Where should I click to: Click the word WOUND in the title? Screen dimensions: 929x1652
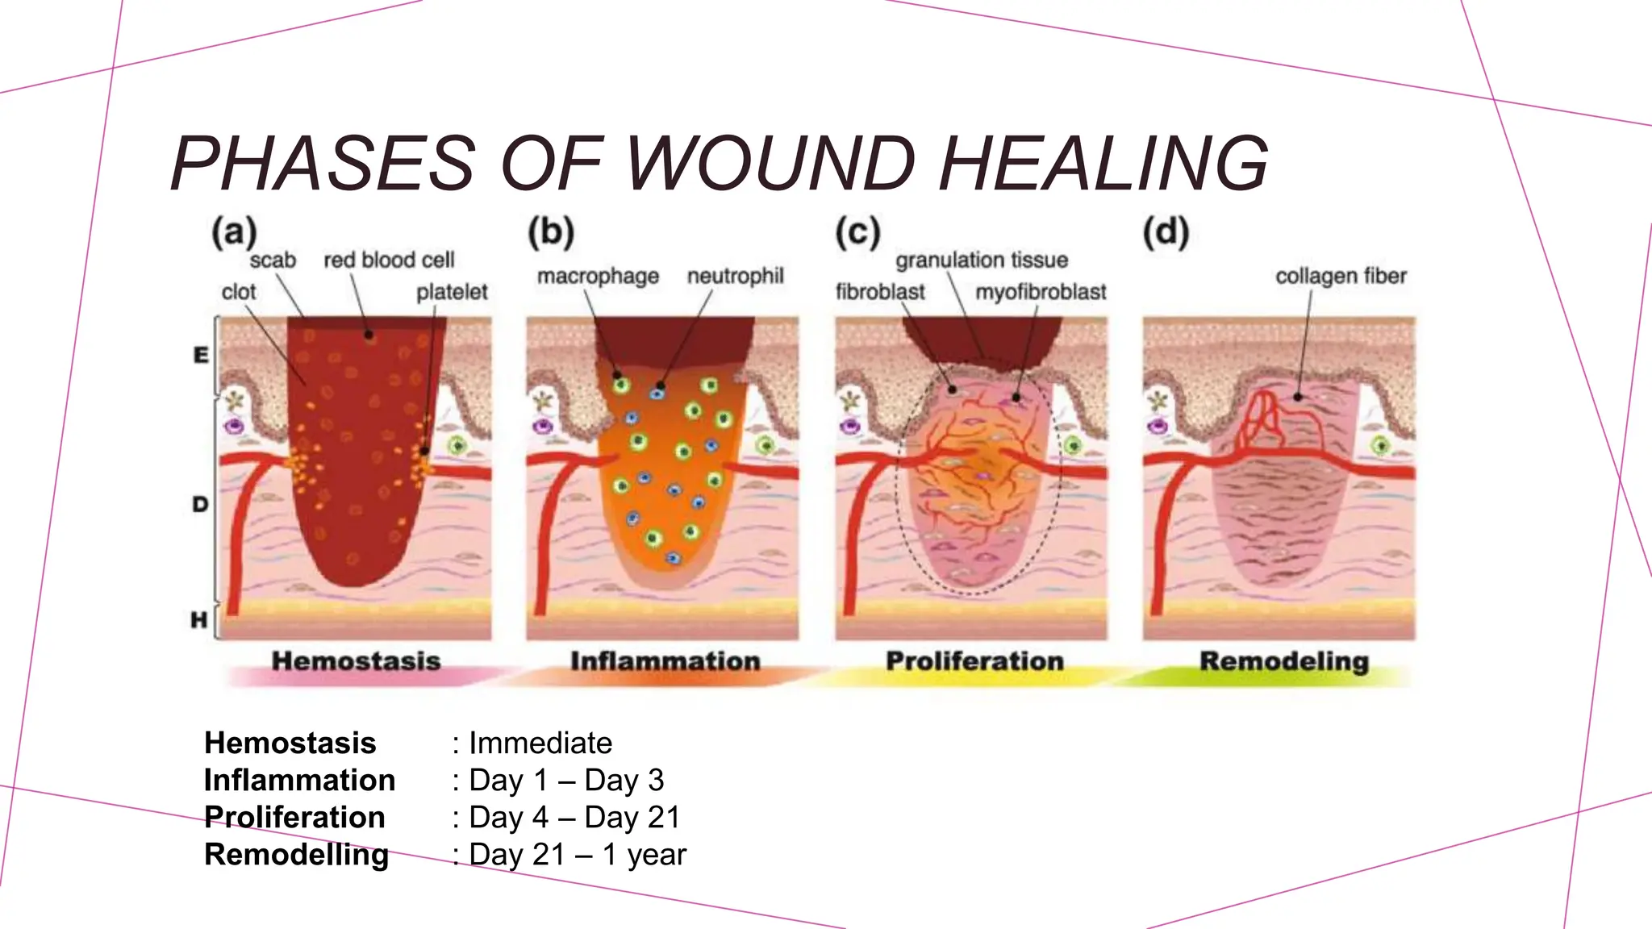(770, 164)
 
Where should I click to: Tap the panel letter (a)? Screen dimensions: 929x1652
(234, 232)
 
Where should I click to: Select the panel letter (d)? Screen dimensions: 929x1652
(1166, 232)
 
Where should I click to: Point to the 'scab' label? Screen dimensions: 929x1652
(273, 260)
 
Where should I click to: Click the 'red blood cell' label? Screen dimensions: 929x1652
(389, 260)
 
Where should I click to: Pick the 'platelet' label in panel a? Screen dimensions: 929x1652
(452, 292)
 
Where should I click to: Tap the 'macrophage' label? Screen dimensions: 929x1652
(598, 277)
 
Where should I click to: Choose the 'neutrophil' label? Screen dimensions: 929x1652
(735, 277)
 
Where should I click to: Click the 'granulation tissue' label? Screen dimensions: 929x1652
(982, 260)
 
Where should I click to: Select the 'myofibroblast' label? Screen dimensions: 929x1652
(1041, 292)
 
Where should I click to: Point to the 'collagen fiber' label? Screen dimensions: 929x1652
(1341, 277)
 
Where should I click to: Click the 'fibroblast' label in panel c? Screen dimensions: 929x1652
(880, 292)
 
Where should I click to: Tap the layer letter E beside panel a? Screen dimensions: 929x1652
(201, 355)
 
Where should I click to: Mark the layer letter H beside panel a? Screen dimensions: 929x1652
(199, 619)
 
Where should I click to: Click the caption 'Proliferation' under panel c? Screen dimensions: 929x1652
(974, 661)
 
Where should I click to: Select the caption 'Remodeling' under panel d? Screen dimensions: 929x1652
(1284, 661)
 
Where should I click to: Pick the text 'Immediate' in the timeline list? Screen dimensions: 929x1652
(540, 743)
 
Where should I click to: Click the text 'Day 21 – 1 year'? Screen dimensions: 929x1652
(578, 854)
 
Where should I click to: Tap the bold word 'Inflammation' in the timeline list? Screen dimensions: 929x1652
(299, 780)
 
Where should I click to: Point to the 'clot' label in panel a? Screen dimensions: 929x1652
(239, 292)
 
